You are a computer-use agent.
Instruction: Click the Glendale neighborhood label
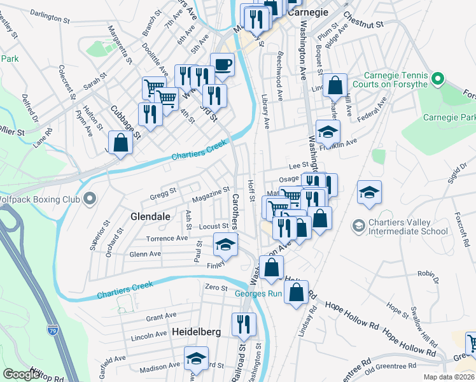coord(150,216)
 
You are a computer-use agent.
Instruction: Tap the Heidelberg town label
coord(196,332)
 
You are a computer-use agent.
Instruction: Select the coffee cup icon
coord(222,65)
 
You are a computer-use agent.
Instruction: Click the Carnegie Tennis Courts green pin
coord(437,80)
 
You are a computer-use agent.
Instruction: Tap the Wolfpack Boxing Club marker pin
coord(90,200)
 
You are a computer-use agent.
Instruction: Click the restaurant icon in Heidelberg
coord(244,325)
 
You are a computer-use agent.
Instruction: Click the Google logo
coord(20,374)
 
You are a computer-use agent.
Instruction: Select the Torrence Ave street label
coord(167,239)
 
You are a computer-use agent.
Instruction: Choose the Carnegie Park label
coord(451,118)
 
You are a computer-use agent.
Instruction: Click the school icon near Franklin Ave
coord(328,132)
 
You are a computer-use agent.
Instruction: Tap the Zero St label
coord(216,288)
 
